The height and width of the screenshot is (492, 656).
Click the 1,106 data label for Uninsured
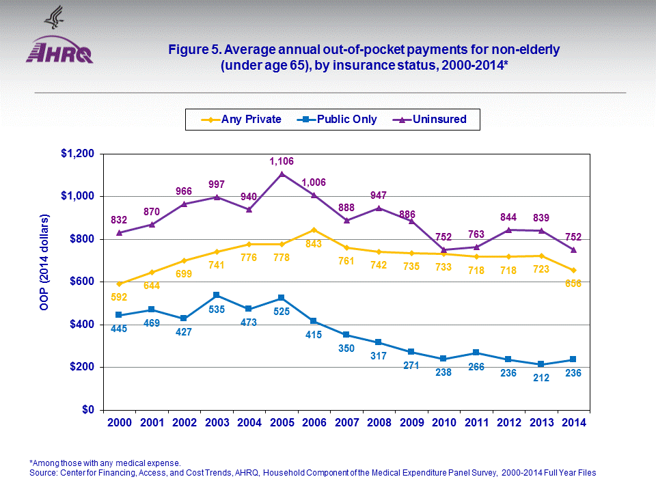coord(281,161)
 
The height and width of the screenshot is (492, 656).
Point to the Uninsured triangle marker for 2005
coord(281,174)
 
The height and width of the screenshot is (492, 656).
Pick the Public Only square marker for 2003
coord(217,295)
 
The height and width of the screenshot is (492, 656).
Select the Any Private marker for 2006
coord(314,230)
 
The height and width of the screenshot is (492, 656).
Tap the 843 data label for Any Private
coord(314,243)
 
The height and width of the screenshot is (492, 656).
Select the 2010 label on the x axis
coord(443,423)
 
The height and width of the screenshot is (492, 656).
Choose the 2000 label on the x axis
coord(120,423)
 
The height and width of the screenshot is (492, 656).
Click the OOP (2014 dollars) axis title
coord(45,263)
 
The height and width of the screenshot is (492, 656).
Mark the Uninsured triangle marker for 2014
coord(573,249)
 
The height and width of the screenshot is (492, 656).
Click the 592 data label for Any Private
coord(120,297)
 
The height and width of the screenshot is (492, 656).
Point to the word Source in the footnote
coord(45,472)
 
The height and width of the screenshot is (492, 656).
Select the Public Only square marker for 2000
coord(120,315)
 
